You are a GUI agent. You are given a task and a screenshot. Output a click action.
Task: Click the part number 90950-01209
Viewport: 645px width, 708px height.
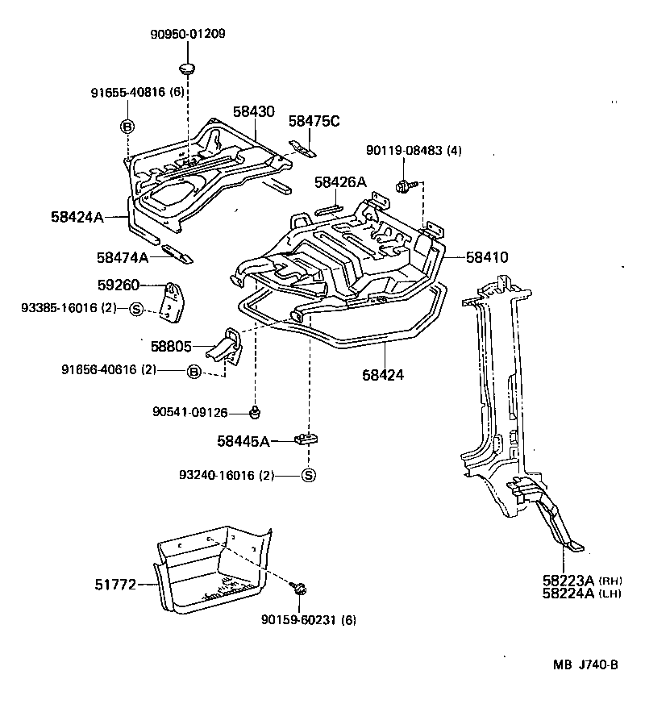[x=187, y=34]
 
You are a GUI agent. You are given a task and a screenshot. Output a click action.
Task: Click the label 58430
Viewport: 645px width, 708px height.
[x=254, y=113]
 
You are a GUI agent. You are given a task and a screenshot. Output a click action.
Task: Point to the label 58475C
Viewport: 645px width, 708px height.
[x=314, y=121]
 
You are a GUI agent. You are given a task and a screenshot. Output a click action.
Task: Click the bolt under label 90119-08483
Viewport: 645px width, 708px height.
[x=402, y=186]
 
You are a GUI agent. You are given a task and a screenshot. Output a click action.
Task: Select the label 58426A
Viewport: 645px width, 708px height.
[x=340, y=182]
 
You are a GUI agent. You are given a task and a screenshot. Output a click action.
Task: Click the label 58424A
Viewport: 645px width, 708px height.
[x=77, y=217]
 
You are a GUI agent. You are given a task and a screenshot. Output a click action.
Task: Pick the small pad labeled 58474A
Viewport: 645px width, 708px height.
[x=178, y=253]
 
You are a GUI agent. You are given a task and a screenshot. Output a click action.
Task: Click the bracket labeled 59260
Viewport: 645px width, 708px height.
[x=173, y=302]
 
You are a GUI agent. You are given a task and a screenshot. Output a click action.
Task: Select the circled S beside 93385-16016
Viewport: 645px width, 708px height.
[x=136, y=308]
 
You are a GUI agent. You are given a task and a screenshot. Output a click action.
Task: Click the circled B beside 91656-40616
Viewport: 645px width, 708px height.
[x=193, y=371]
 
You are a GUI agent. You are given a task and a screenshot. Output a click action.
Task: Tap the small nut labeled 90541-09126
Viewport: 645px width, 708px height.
[x=255, y=413]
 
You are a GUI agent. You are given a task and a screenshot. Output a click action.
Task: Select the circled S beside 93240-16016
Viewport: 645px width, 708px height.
[x=308, y=476]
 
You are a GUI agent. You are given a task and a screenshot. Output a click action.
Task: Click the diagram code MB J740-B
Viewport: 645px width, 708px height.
[x=585, y=664]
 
